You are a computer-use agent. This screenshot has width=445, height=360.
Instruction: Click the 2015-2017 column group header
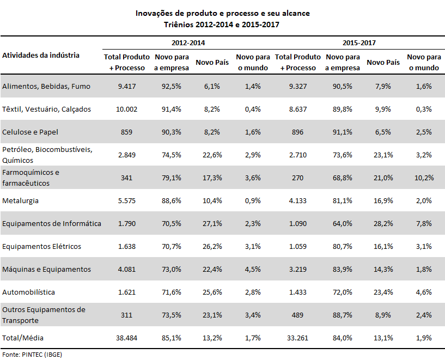pos(359,43)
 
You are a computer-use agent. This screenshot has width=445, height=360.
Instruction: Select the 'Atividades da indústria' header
pos(41,55)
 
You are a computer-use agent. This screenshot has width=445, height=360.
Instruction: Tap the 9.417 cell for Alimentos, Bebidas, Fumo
pos(127,86)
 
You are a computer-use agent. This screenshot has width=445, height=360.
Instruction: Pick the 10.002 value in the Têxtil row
pos(126,109)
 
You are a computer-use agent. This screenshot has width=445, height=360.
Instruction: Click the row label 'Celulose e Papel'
pos(30,132)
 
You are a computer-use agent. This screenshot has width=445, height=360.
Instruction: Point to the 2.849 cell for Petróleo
pos(127,155)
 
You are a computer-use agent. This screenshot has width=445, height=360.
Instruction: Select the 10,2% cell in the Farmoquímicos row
pos(424,178)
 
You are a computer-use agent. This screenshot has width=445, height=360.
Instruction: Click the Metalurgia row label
pos(20,201)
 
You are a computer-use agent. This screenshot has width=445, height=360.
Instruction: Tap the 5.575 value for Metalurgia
pos(127,201)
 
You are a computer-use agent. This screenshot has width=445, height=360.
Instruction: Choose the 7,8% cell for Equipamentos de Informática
pos(424,223)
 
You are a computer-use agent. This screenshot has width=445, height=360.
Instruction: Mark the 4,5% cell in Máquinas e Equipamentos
pos(253,269)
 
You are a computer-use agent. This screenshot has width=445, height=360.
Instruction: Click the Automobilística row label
pos(28,292)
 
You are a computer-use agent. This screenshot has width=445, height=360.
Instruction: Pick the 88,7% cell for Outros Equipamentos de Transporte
pos(343,315)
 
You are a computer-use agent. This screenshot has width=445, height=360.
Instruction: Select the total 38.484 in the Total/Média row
pos(126,338)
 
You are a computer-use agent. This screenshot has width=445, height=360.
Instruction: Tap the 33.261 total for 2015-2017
pos(298,338)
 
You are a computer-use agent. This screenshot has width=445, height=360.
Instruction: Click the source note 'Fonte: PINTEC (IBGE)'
pos(32,355)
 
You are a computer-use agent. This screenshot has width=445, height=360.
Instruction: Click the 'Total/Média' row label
pos(23,338)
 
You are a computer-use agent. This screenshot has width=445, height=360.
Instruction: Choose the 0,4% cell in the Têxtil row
pos(253,109)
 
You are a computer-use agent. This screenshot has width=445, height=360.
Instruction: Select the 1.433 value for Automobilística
pos(298,292)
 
